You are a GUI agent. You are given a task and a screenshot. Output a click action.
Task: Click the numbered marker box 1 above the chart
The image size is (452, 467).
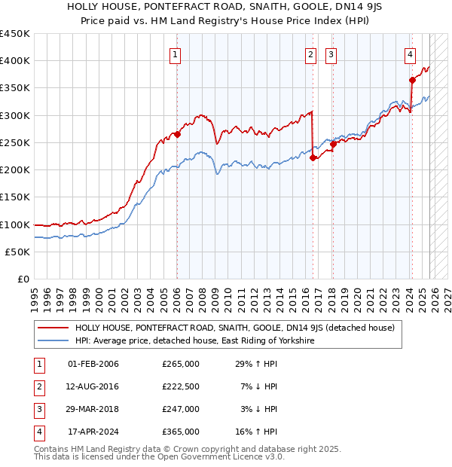pyautogui.click(x=175, y=53)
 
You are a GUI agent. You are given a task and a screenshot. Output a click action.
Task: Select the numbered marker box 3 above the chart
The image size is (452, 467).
pyautogui.click(x=331, y=53)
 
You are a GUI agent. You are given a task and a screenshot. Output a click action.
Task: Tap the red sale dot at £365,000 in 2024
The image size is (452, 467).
pyautogui.click(x=412, y=80)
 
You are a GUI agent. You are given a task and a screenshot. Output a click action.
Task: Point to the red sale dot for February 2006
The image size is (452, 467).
pyautogui.click(x=177, y=135)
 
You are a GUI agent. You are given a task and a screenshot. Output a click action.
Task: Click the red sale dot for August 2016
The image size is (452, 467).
pyautogui.click(x=313, y=157)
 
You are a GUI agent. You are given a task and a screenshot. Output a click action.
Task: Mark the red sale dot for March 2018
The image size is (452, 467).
pyautogui.click(x=333, y=145)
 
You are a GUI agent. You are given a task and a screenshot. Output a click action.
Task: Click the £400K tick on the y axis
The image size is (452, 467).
pyautogui.click(x=15, y=61)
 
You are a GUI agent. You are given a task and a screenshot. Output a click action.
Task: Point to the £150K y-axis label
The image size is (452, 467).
pyautogui.click(x=15, y=197)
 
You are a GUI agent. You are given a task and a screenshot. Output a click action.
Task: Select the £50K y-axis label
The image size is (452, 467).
pyautogui.click(x=18, y=252)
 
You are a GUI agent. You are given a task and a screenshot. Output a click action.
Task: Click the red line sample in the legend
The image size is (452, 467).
pyautogui.click(x=53, y=328)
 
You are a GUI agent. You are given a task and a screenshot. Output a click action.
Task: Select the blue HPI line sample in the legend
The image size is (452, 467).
pyautogui.click(x=53, y=340)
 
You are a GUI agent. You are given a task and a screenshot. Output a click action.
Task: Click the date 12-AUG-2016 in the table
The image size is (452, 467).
pyautogui.click(x=93, y=386)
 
